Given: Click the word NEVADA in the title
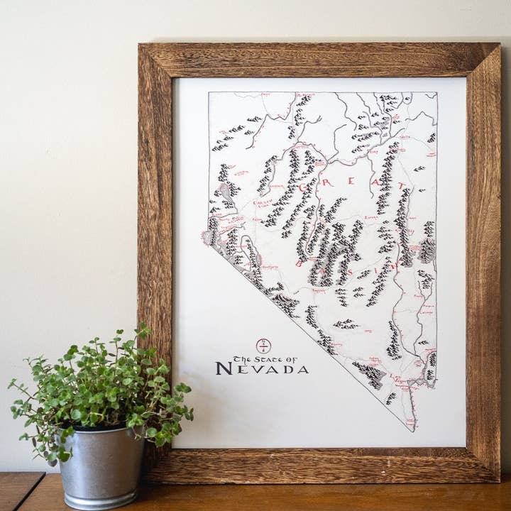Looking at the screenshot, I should [262, 369].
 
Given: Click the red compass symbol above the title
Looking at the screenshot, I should [263, 346].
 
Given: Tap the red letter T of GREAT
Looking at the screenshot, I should [402, 186].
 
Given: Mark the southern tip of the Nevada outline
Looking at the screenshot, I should [412, 430].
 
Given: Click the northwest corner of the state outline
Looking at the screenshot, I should [209, 93].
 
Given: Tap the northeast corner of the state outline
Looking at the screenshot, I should [436, 93].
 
